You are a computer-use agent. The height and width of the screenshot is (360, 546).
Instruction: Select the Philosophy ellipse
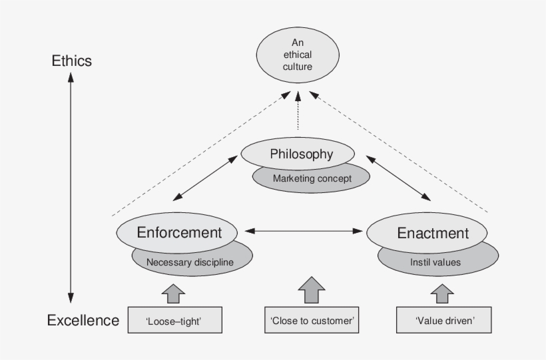click(301, 154)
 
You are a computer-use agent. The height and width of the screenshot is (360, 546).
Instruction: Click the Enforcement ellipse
click(178, 233)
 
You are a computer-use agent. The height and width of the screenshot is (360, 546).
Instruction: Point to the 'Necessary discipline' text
click(190, 262)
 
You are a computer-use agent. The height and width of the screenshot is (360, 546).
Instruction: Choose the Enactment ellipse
click(433, 233)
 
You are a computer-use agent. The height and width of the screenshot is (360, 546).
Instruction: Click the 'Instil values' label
click(435, 262)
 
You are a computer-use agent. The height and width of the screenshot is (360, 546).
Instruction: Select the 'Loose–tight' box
click(174, 321)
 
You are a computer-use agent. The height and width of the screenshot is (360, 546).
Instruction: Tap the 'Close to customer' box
click(312, 321)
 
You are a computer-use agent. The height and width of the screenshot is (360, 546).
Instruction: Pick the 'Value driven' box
click(444, 321)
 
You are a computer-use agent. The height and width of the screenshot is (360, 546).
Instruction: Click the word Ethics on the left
click(72, 61)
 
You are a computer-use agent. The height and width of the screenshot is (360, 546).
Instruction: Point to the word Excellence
click(83, 321)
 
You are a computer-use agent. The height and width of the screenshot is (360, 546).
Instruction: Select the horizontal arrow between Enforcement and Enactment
click(303, 231)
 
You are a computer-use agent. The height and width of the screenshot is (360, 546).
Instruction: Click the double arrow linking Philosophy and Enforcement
click(206, 178)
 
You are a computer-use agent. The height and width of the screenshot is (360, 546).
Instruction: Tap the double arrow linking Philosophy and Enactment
click(398, 178)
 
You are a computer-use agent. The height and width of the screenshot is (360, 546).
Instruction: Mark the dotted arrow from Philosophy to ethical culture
click(298, 113)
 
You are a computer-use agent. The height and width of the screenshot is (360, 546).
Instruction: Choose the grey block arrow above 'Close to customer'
click(311, 290)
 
